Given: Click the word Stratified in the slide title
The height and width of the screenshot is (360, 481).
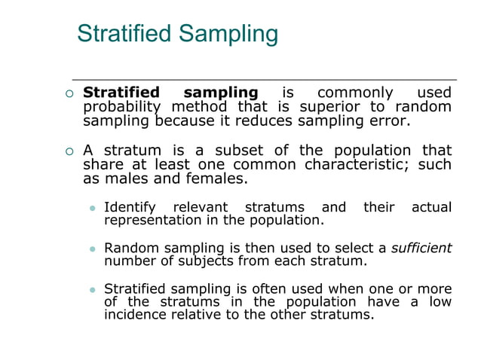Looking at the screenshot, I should (124, 34).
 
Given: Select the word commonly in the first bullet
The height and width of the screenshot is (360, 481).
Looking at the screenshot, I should (355, 93).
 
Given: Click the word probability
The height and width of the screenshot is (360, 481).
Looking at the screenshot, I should (120, 108).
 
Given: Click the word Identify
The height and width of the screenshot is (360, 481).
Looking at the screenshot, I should (130, 207).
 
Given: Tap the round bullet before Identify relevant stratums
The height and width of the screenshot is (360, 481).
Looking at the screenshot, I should (93, 208).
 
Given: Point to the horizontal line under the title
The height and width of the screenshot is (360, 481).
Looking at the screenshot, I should (264, 79).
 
